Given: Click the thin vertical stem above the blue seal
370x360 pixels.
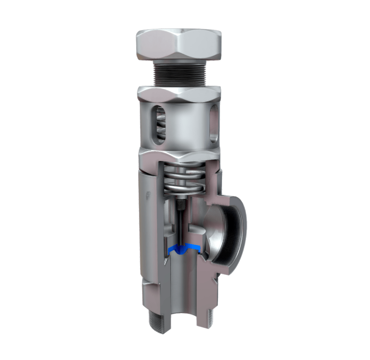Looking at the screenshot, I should pyautogui.click(x=179, y=228).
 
